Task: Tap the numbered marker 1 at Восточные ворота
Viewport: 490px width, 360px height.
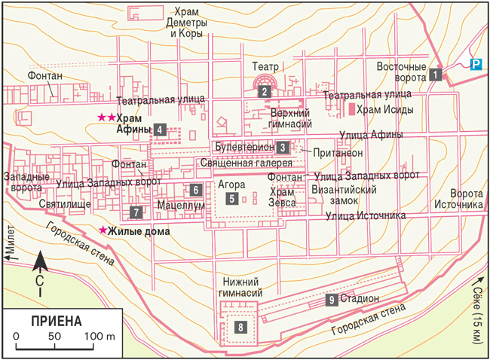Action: (x=436, y=75)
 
